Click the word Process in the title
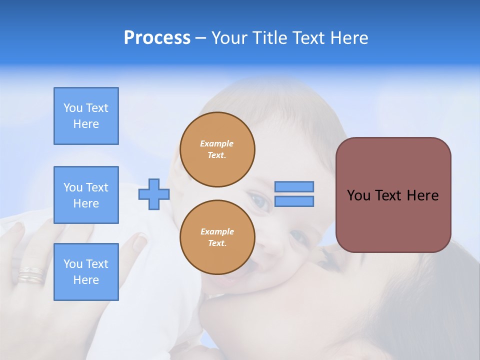click(157, 38)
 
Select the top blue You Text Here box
click(86, 116)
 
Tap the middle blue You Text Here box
click(86, 195)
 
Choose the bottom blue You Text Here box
click(86, 272)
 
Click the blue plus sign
click(154, 194)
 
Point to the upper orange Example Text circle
click(217, 149)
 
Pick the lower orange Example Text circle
click(217, 237)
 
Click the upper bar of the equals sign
click(294, 186)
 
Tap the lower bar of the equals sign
click(294, 201)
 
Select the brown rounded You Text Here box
click(393, 195)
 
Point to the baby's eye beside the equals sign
click(259, 200)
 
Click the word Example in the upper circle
click(217, 143)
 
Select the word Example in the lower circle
click(217, 231)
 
